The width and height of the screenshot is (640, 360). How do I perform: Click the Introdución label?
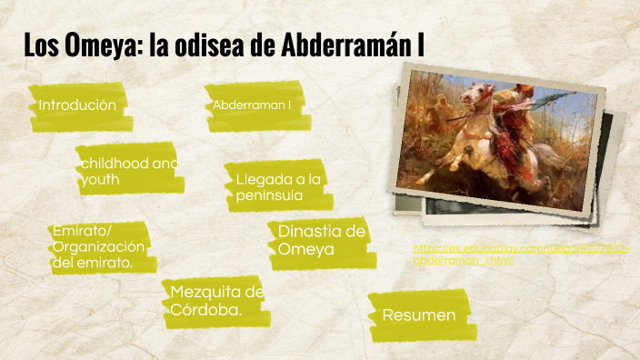coord(77,105)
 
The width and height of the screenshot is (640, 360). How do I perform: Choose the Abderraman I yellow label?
coord(252,106)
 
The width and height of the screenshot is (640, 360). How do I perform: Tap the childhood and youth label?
coord(128,171)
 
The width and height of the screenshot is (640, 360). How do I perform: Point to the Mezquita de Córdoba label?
coord(216,301)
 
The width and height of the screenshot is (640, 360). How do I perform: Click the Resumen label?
coord(418,315)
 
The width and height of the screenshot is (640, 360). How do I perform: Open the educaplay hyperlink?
coord(519,254)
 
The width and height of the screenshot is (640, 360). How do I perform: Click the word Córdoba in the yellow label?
coord(206,310)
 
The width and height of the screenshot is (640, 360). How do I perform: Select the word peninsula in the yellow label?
coord(269,195)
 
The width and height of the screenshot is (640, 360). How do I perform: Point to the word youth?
coord(100,180)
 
